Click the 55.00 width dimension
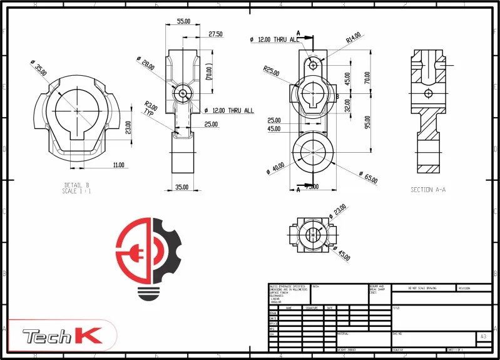pos(183,21)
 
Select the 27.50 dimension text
pos(215,34)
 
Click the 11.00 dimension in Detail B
pos(119,165)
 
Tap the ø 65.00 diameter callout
pos(367,177)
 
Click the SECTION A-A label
pos(428,189)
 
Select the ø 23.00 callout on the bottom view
pos(337,211)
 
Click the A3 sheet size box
pos(482,336)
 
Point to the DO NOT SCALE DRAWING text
pos(422,288)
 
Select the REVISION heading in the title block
pos(464,288)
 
